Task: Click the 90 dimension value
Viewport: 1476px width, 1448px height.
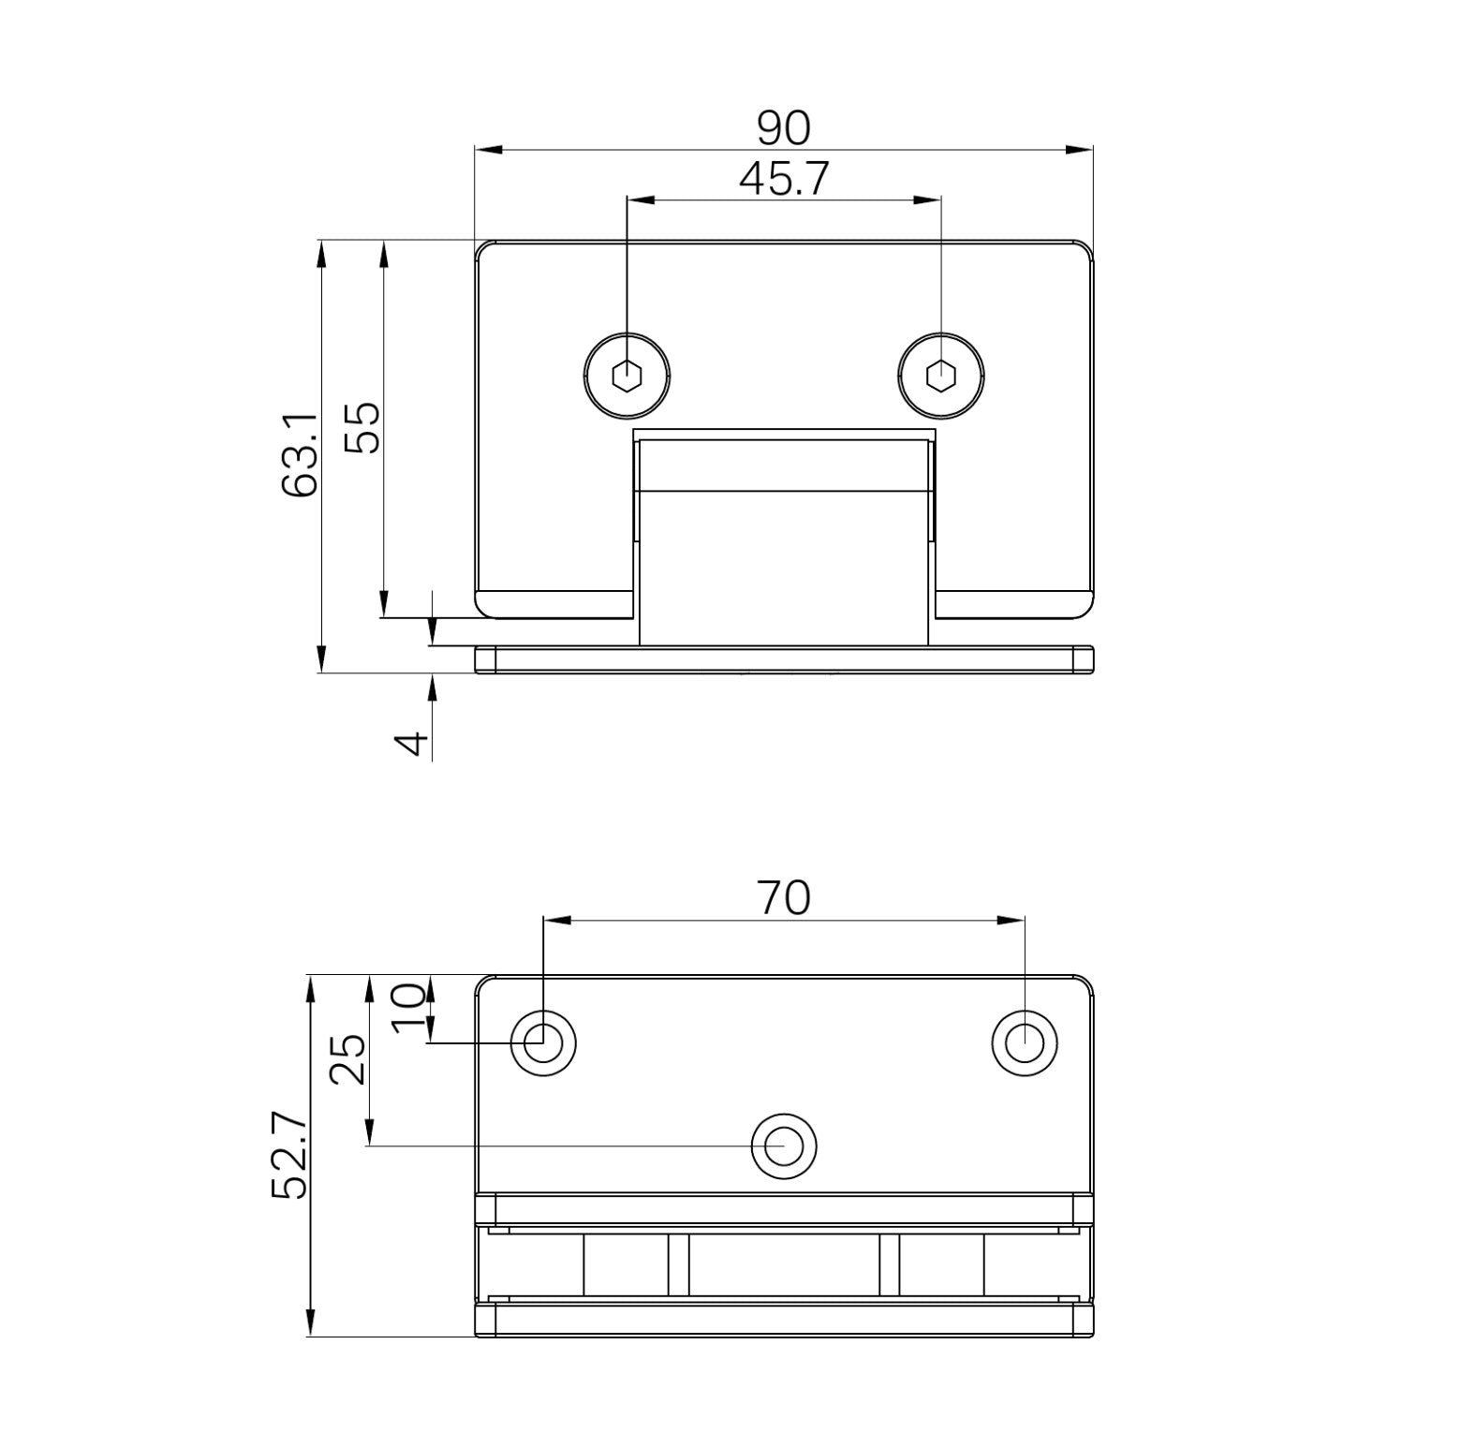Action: point(783,128)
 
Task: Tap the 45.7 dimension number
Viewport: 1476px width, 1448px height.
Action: point(783,179)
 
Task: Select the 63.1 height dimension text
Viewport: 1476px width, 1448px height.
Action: point(301,456)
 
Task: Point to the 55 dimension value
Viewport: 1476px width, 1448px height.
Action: point(362,428)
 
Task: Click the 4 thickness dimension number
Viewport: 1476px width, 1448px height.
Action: point(412,744)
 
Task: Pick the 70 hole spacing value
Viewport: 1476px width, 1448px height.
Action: point(783,898)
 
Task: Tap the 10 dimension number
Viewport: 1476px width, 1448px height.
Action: point(409,1008)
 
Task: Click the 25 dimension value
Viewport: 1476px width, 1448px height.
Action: point(348,1059)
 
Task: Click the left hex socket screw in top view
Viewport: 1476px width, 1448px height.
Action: point(627,377)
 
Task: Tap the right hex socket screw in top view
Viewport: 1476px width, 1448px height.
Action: point(940,377)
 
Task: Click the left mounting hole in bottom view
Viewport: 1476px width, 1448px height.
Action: point(542,1042)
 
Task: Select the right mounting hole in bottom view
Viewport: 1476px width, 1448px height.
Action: point(1024,1042)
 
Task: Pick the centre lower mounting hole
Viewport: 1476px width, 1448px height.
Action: point(783,1145)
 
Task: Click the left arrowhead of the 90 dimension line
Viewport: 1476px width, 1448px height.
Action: point(489,149)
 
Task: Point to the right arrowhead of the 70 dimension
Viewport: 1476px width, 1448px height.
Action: point(1011,921)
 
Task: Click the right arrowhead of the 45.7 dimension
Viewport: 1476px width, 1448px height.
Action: point(927,199)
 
